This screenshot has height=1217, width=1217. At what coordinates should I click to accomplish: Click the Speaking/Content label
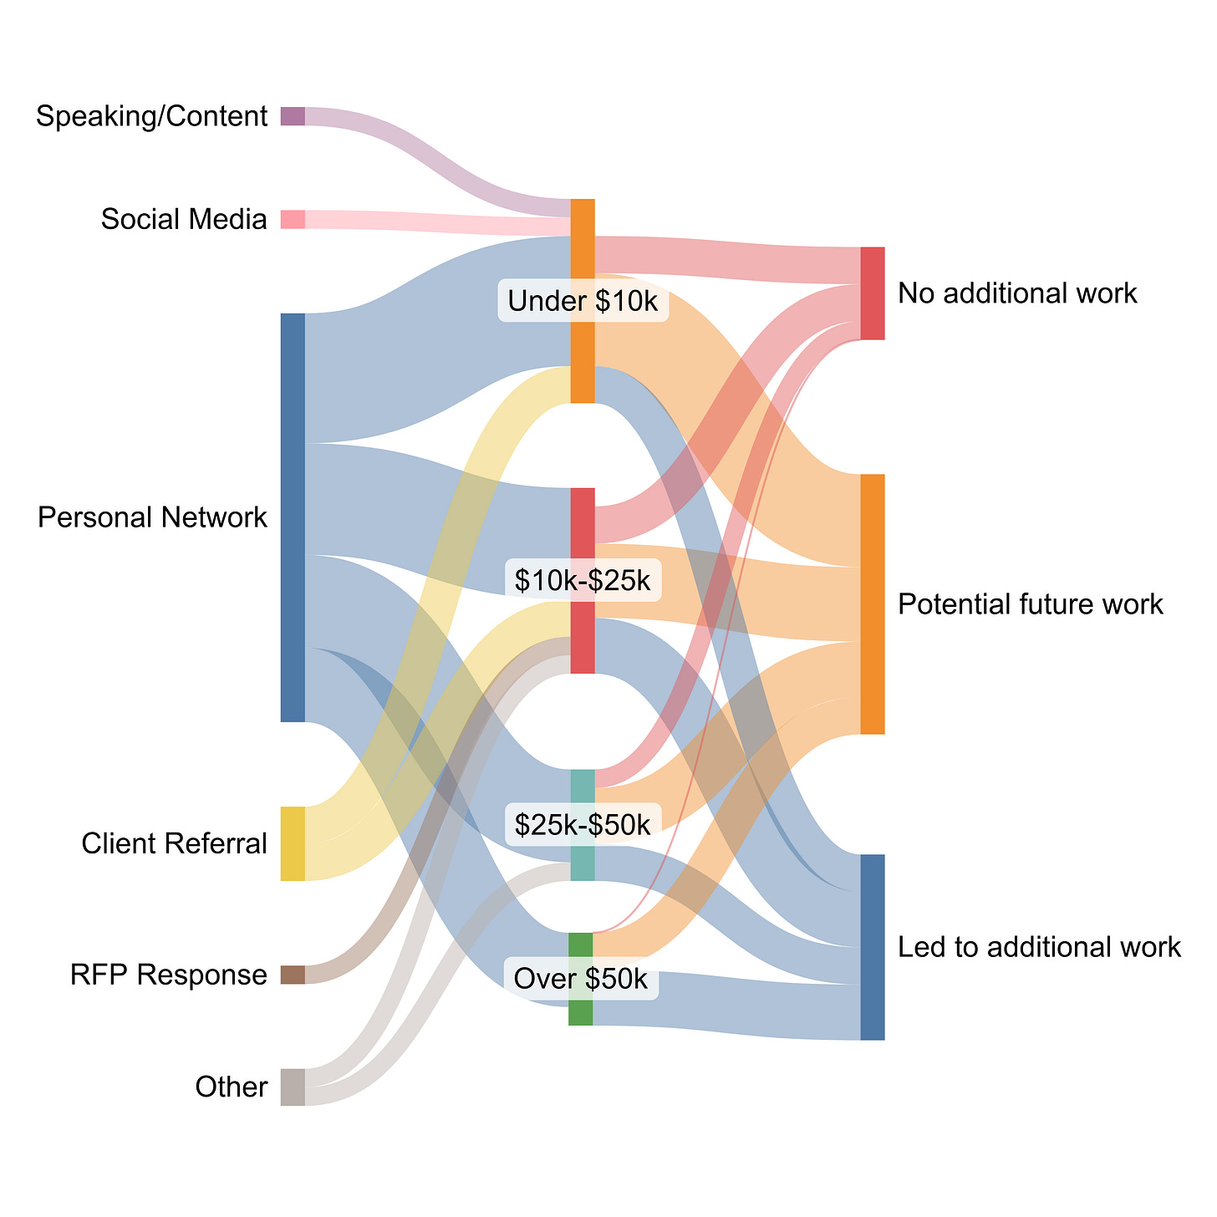tap(151, 116)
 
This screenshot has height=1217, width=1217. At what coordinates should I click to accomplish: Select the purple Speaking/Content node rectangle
tap(293, 116)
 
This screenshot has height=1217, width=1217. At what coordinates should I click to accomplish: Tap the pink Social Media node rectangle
tap(293, 219)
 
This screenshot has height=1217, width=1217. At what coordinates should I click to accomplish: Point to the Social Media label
tap(184, 219)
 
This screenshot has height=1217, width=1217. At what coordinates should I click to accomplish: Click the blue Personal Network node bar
tap(293, 517)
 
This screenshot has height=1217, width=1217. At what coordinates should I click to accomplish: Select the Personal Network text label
tap(152, 517)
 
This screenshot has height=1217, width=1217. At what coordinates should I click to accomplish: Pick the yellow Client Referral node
tap(293, 843)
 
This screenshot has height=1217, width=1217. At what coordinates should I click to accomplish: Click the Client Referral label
tap(174, 844)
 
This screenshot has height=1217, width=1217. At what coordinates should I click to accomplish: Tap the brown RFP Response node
tap(293, 975)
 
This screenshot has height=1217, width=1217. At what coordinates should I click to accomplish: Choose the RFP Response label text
tap(169, 975)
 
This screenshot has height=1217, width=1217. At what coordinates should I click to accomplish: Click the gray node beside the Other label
tap(293, 1087)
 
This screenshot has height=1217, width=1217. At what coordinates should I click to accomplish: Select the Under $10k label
tap(583, 302)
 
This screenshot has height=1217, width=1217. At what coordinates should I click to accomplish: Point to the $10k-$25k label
tap(583, 579)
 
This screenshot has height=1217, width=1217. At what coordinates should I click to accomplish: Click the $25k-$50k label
tap(583, 824)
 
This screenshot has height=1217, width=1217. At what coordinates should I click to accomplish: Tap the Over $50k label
tap(581, 979)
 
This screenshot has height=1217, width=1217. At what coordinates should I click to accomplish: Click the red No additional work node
tap(873, 293)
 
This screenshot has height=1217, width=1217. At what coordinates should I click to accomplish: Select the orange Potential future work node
tap(873, 603)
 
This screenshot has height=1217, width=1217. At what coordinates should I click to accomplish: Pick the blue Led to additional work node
tap(873, 947)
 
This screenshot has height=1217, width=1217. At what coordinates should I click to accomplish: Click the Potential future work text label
tap(1031, 603)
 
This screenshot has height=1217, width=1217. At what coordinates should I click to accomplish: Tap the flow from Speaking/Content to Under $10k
tap(435, 159)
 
